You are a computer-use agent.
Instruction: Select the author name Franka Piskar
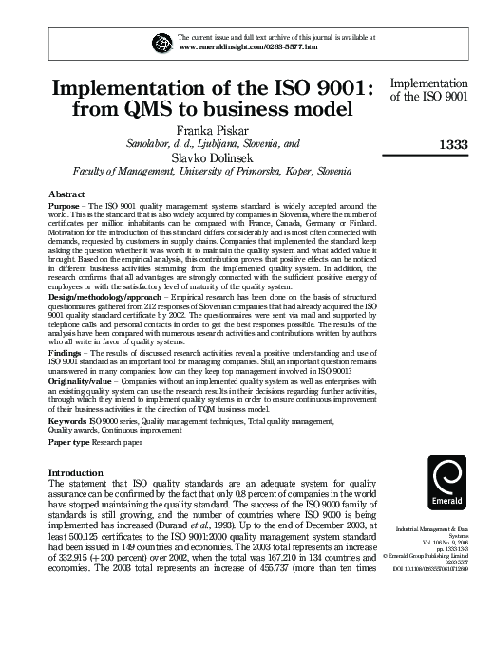click(x=213, y=128)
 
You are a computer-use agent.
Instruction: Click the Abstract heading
click(x=66, y=192)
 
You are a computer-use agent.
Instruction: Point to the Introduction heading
click(x=78, y=471)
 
